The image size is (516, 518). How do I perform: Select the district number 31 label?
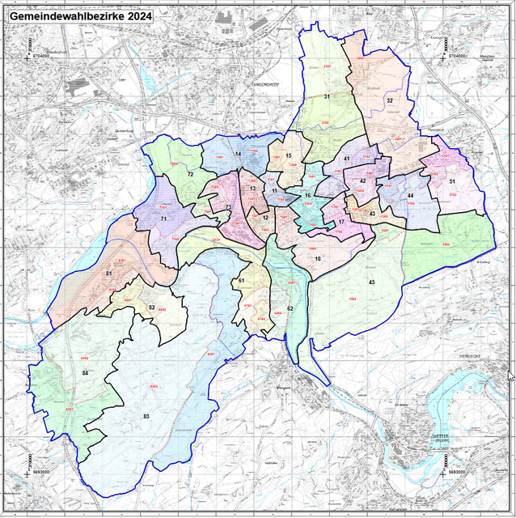328,96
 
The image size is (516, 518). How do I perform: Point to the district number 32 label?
389,100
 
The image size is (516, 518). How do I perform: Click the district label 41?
346,159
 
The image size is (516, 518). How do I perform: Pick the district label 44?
411,196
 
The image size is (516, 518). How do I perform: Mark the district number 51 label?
452,181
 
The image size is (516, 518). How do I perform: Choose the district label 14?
238,154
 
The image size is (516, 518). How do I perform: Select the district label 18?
318,258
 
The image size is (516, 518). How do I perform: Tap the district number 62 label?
290,308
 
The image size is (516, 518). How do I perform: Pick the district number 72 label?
191,174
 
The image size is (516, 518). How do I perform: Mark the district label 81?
108,274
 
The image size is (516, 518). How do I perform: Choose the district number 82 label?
151,307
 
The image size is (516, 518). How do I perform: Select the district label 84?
86,372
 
